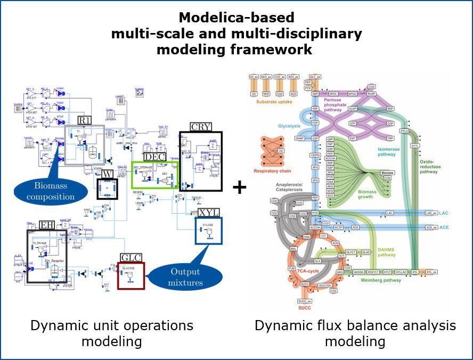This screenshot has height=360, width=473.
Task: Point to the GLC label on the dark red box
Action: pos(132,258)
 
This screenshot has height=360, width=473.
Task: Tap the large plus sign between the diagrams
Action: pos(240,187)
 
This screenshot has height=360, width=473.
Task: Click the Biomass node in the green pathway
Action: pos(388,174)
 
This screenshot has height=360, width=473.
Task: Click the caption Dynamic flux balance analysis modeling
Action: pos(355,332)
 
